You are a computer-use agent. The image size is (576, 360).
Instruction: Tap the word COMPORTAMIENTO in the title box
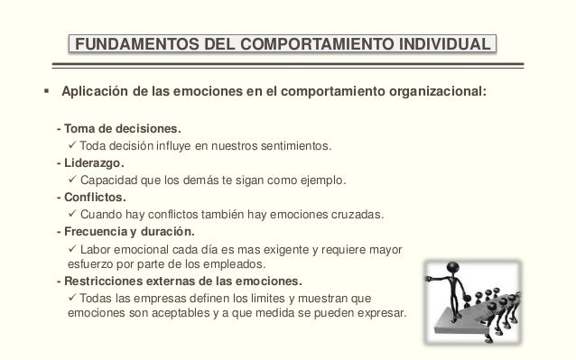[291, 43]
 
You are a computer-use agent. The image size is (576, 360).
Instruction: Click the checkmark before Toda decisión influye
[73, 145]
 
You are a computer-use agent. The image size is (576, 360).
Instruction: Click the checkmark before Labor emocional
[73, 249]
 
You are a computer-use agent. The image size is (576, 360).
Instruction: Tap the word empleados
[238, 264]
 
